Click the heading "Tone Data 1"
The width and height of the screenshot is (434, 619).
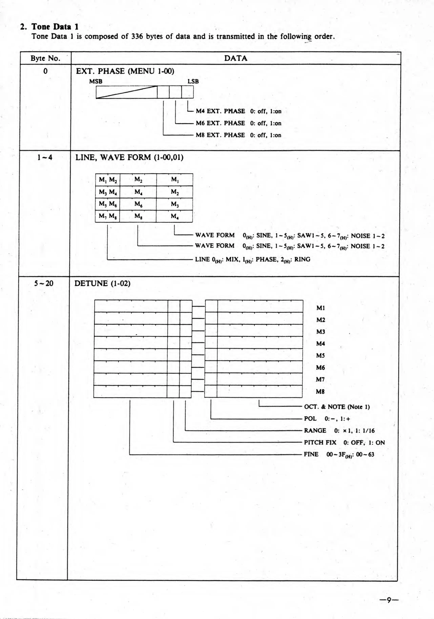(55, 27)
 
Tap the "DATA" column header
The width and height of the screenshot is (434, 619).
(235, 58)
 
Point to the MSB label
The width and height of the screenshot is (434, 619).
(96, 81)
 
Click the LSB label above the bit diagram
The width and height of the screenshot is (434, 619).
(193, 81)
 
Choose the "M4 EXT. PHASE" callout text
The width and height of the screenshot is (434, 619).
(220, 111)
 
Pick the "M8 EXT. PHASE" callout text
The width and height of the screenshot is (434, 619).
(220, 135)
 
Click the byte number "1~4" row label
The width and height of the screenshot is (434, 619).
(45, 157)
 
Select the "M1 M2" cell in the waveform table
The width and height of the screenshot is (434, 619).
(108, 180)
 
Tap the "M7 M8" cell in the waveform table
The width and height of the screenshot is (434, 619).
(108, 216)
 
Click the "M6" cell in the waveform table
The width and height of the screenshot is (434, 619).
(138, 204)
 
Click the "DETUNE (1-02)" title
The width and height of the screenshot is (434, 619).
(102, 283)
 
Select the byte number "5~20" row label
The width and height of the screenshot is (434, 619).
(44, 283)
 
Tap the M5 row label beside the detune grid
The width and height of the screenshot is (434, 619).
(320, 356)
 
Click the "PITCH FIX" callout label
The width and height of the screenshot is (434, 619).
(320, 442)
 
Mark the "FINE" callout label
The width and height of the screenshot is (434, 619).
(311, 454)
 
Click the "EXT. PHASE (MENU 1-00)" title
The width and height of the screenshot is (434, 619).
(125, 71)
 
